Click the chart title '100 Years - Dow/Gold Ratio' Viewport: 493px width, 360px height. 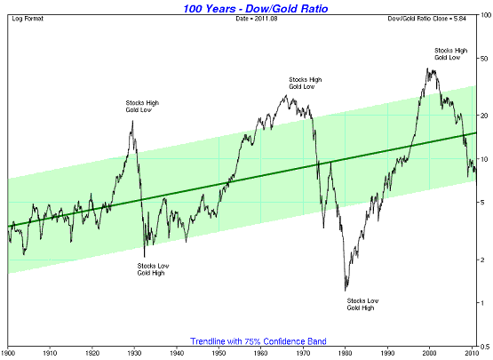coord(256,8)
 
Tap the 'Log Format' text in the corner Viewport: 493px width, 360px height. coord(28,19)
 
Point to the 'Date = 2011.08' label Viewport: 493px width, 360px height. coord(257,19)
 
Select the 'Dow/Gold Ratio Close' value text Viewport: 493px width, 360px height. coord(426,19)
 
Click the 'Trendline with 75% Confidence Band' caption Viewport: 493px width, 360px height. coord(258,341)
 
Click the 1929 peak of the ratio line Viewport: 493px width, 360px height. coord(132,121)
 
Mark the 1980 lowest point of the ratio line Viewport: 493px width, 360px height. coord(346,290)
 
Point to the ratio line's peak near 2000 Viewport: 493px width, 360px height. coord(427,68)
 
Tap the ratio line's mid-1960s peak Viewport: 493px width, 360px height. coord(286,95)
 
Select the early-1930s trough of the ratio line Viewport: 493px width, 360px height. coord(144,256)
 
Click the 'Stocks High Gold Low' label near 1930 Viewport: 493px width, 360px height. coord(142,107)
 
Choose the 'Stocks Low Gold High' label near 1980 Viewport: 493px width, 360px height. coord(362,304)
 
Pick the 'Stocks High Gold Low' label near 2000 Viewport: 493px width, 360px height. coord(451,54)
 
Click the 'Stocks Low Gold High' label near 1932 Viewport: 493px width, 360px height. coord(153,269)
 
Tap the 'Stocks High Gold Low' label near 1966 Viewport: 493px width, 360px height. coord(306,83)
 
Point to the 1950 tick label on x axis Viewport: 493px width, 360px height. coord(219,353)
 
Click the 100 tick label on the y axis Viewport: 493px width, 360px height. coord(486,15)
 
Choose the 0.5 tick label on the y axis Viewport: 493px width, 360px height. coord(486,347)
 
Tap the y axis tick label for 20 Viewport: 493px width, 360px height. coord(484,116)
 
